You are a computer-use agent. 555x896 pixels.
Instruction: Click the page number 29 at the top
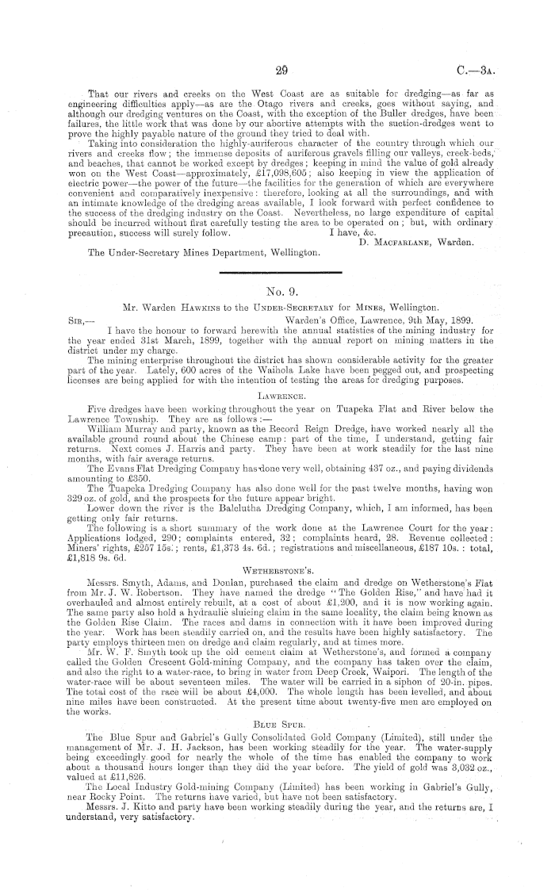click(x=277, y=49)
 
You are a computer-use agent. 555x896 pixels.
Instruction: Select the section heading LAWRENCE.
click(x=277, y=392)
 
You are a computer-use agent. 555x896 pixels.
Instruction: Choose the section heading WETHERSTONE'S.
click(x=277, y=545)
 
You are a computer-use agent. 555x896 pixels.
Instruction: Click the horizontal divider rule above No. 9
click(x=277, y=270)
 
